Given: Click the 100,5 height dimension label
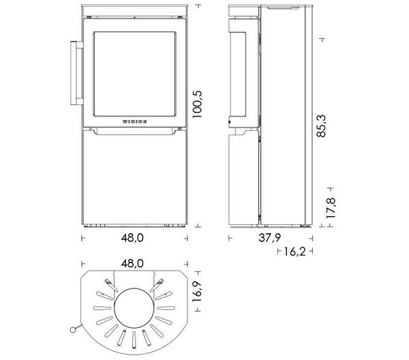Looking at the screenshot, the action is coord(197,104).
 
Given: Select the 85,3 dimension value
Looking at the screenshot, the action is coord(321,126).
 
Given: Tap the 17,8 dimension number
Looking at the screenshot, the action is coord(331,208).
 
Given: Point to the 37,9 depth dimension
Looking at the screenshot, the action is coord(270,238).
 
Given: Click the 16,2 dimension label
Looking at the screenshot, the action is coord(294,252).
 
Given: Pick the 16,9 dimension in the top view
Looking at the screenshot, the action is coord(197,291).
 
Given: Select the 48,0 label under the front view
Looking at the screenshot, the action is coord(132,238).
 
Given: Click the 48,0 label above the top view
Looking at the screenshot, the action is coord(132,264).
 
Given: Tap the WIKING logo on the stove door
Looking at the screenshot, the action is coord(134,121).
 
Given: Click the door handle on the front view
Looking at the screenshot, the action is coord(76,73).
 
